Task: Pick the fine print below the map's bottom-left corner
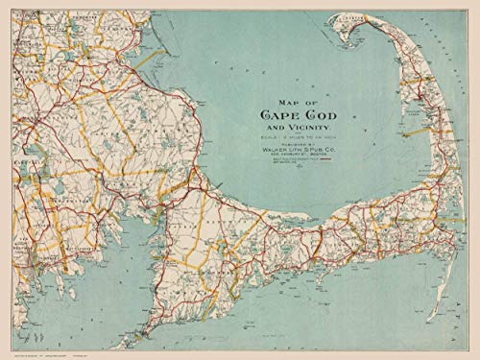tap(38, 354)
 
